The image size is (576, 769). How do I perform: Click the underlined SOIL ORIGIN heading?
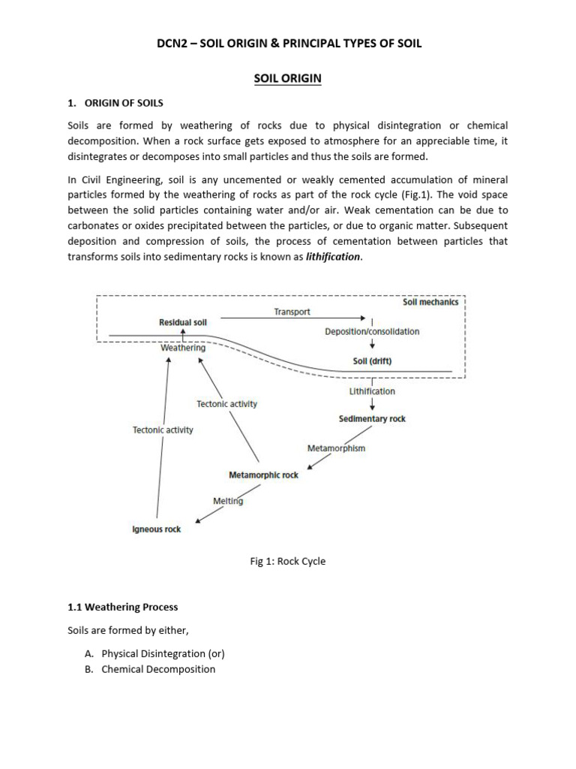[x=288, y=78]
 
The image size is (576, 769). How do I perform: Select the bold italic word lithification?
[x=333, y=256]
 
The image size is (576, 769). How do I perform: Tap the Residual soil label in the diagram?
[x=183, y=321]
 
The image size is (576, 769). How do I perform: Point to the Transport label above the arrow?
[x=292, y=312]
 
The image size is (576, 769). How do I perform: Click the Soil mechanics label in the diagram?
[x=430, y=303]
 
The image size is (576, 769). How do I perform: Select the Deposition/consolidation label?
[x=372, y=331]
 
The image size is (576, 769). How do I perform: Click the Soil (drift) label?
[x=372, y=360]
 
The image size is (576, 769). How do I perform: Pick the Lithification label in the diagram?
[x=372, y=391]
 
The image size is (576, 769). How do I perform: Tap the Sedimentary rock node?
[x=372, y=419]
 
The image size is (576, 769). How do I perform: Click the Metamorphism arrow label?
[x=336, y=448]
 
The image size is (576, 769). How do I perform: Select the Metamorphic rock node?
[x=263, y=475]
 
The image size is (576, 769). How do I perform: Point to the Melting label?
[x=228, y=501]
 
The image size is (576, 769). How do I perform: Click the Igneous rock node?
[x=157, y=529]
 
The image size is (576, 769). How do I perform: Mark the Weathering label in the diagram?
[x=183, y=348]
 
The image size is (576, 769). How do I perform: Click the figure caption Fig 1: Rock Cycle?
[x=288, y=561]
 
